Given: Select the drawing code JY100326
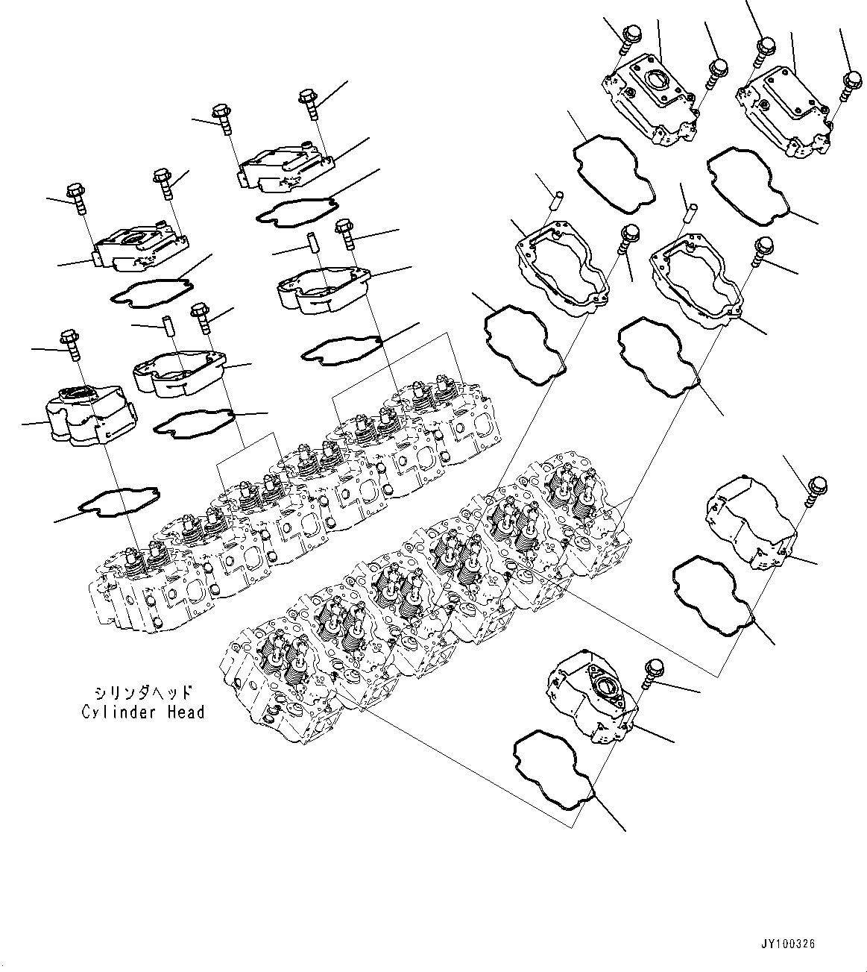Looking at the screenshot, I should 788,944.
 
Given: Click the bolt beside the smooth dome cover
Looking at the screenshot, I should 813,491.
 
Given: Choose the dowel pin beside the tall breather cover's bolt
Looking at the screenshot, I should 168,329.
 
